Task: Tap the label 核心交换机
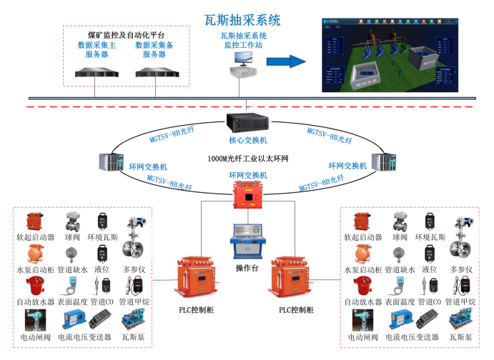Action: click(x=247, y=140)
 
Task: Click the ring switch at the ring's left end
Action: click(x=112, y=164)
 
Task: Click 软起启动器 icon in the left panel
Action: click(x=36, y=221)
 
